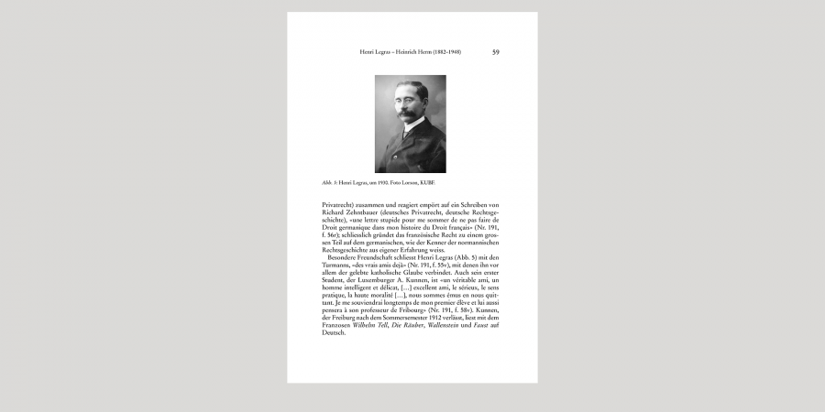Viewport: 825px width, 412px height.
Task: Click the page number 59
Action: [496, 52]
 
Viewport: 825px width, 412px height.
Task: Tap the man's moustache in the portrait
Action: [407, 116]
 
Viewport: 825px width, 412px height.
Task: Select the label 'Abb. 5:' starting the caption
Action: [329, 182]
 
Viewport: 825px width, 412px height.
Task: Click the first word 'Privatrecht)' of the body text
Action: [337, 204]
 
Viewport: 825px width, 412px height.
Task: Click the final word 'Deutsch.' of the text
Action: [334, 331]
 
